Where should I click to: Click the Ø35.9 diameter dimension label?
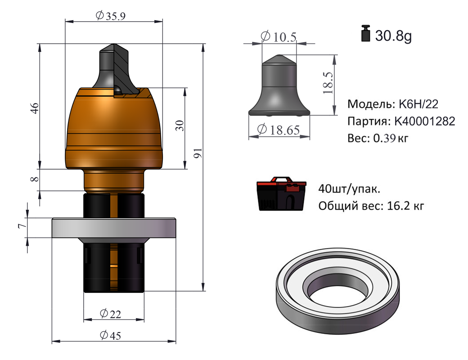(110, 15)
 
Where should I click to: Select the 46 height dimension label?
(35, 108)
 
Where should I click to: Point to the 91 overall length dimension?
(198, 153)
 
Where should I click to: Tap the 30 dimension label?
(180, 126)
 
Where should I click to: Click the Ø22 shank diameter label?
(110, 314)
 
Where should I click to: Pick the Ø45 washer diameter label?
(110, 335)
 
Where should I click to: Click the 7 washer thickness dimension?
(22, 226)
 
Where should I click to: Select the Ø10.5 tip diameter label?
(279, 37)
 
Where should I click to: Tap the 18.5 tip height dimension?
(328, 83)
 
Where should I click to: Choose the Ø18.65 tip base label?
(279, 130)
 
